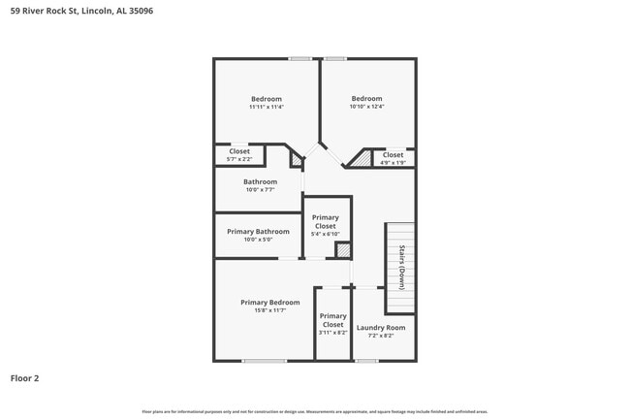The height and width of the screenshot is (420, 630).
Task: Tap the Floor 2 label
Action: click(x=25, y=377)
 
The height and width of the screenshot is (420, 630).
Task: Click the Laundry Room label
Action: click(x=381, y=327)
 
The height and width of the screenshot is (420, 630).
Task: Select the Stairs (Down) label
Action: click(x=400, y=268)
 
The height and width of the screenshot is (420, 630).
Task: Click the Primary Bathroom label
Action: click(x=258, y=232)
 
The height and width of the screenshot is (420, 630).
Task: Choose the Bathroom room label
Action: click(x=260, y=181)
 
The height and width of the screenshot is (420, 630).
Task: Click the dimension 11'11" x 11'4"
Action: click(x=266, y=107)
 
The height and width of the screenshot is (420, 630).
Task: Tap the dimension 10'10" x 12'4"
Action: click(x=366, y=107)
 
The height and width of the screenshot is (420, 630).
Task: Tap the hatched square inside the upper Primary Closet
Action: click(x=342, y=250)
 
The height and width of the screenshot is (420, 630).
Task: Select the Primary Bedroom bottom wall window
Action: click(x=264, y=361)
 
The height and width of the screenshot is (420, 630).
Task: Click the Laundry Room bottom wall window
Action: click(x=366, y=361)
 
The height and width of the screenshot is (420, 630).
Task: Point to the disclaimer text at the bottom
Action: click(x=314, y=412)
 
